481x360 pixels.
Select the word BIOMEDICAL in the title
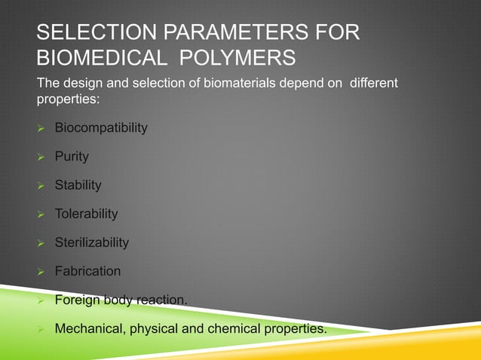click(x=99, y=59)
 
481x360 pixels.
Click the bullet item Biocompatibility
click(x=101, y=128)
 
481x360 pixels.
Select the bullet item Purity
click(x=72, y=157)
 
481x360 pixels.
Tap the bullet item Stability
click(x=78, y=185)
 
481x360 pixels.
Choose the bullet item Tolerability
click(x=86, y=214)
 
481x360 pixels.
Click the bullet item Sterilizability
click(x=91, y=243)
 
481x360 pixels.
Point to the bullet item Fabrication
click(x=87, y=271)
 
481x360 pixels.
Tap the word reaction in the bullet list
click(x=161, y=300)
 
